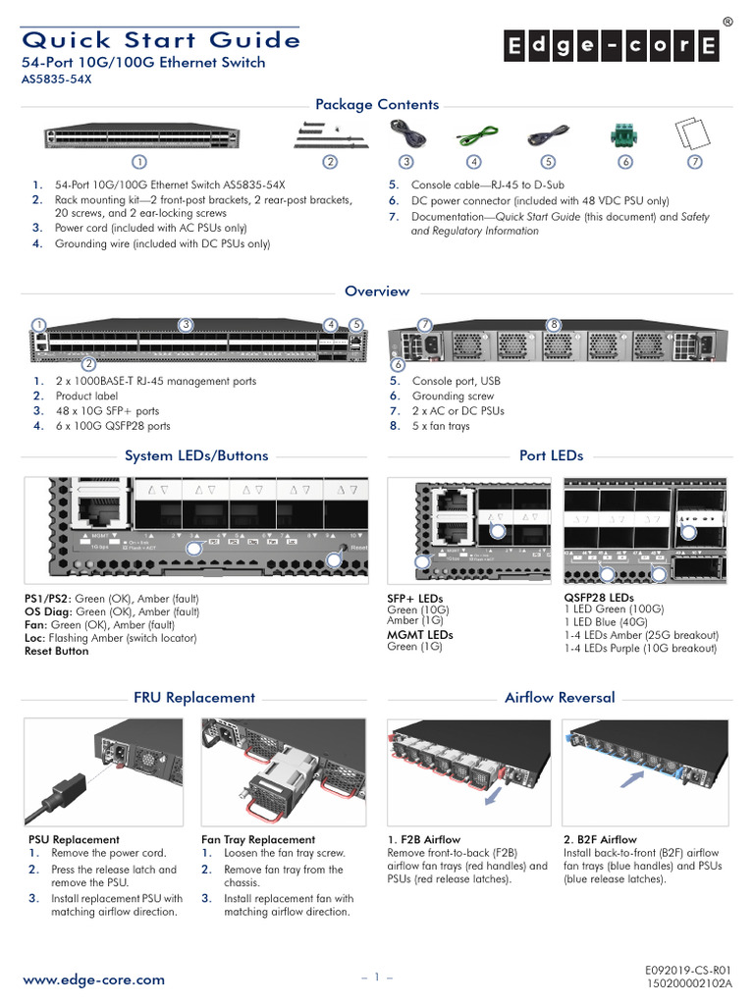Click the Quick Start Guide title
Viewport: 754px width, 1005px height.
click(161, 39)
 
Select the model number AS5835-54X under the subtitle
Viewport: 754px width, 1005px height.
click(56, 80)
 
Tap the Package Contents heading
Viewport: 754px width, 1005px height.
click(376, 105)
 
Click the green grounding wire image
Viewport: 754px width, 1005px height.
click(474, 132)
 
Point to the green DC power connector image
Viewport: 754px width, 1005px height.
click(624, 133)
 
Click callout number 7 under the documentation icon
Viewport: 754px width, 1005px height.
click(694, 161)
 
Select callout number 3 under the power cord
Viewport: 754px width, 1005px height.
click(404, 161)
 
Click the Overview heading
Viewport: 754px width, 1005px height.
click(377, 291)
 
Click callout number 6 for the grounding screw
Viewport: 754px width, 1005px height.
click(398, 365)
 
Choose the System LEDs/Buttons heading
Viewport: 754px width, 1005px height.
click(196, 455)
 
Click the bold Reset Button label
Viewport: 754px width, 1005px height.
click(56, 651)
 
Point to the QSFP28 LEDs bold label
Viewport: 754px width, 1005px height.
click(598, 598)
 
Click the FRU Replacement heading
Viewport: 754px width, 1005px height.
click(194, 698)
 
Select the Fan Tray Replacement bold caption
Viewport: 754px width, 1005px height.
click(258, 839)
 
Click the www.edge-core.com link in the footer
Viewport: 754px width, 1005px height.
click(93, 979)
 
